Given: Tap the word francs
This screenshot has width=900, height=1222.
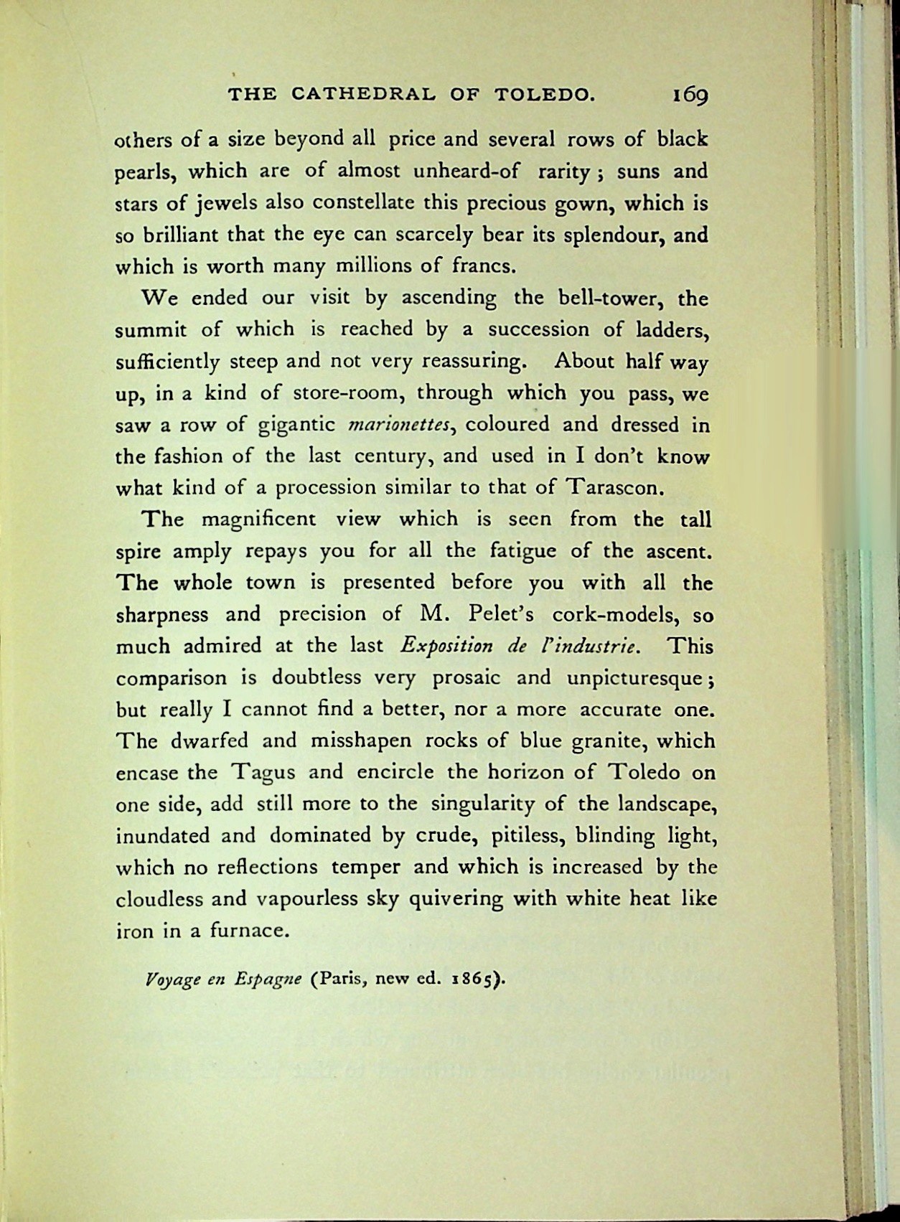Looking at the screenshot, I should click(484, 267).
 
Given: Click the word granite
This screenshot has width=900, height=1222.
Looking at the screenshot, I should click(607, 741).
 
